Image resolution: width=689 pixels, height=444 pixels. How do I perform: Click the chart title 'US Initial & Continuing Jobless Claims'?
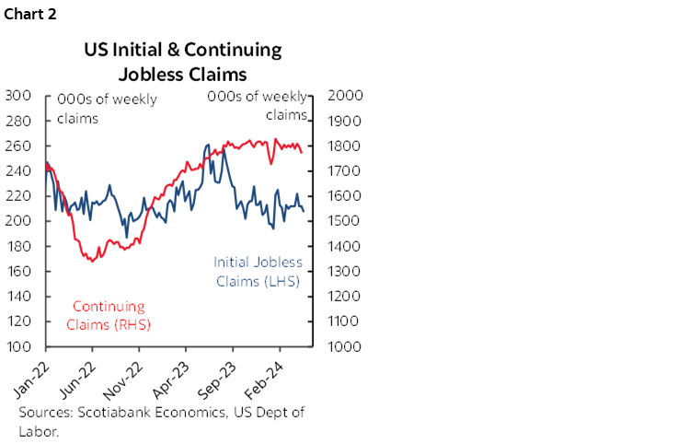click(184, 61)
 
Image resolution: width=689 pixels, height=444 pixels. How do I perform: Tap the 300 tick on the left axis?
click(19, 96)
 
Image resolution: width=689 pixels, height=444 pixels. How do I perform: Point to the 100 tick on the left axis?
click(19, 347)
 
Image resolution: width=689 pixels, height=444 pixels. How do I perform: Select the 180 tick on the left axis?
click(19, 247)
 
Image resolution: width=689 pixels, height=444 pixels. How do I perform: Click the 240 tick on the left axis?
click(19, 171)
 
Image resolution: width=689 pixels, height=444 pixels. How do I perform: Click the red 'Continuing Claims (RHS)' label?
click(108, 315)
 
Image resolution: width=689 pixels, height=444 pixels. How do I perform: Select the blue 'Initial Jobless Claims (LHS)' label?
click(258, 272)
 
